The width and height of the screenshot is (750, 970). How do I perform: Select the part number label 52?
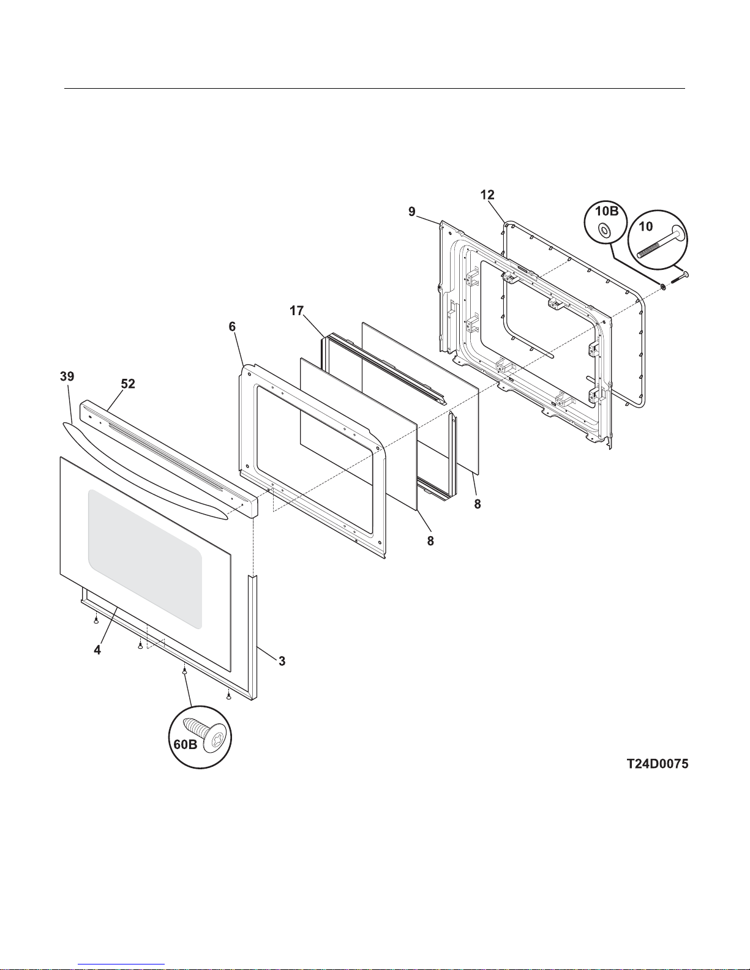[127, 384]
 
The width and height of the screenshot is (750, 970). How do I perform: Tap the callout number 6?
[232, 327]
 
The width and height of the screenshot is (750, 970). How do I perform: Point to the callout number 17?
[296, 311]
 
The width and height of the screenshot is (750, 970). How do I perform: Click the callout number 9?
[412, 211]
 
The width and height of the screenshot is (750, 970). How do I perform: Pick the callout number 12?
[487, 195]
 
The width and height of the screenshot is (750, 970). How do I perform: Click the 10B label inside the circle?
[607, 212]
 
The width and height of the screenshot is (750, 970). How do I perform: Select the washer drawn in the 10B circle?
[604, 230]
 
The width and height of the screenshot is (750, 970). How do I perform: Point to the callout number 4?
[97, 651]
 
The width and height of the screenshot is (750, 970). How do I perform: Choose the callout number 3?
[282, 661]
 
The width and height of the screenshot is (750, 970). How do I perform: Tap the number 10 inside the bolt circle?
[645, 226]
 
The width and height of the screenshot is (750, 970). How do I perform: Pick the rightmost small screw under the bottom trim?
[228, 695]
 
